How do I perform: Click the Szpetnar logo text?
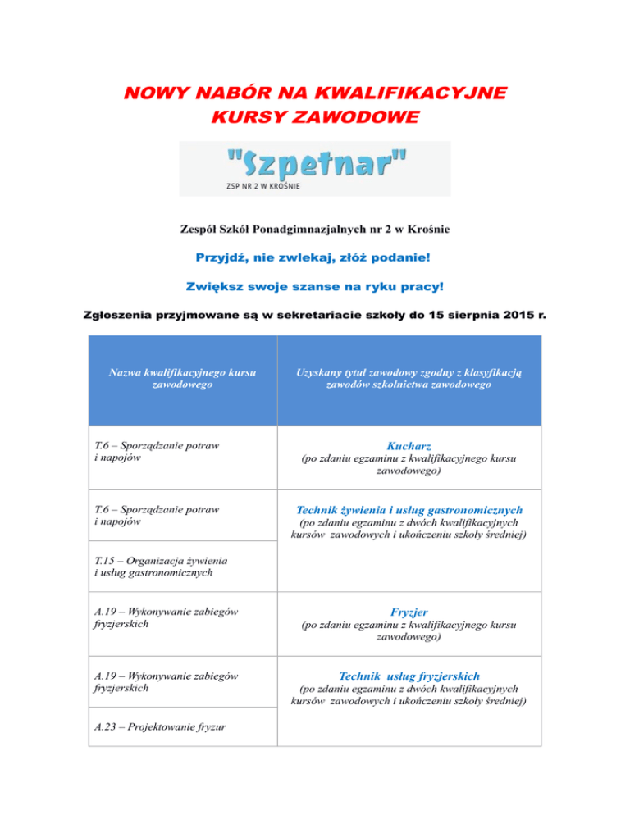click(314, 163)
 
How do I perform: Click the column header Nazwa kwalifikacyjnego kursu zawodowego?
click(183, 378)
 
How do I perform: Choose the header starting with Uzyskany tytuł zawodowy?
click(409, 378)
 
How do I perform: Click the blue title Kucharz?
click(409, 445)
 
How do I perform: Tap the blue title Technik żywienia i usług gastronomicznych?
click(409, 509)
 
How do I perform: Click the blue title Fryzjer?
click(409, 612)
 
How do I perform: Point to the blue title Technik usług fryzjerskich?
click(409, 676)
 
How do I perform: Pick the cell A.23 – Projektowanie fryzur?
click(160, 726)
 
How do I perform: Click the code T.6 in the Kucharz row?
click(104, 445)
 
